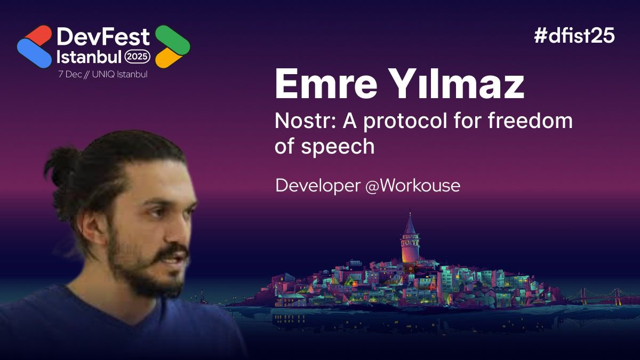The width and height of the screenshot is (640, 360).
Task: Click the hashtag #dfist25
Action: click(574, 36)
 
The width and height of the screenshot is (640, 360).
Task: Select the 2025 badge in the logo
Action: click(138, 56)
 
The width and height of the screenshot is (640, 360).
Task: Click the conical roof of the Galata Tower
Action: click(410, 225)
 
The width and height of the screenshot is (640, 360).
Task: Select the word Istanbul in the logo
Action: click(89, 56)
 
